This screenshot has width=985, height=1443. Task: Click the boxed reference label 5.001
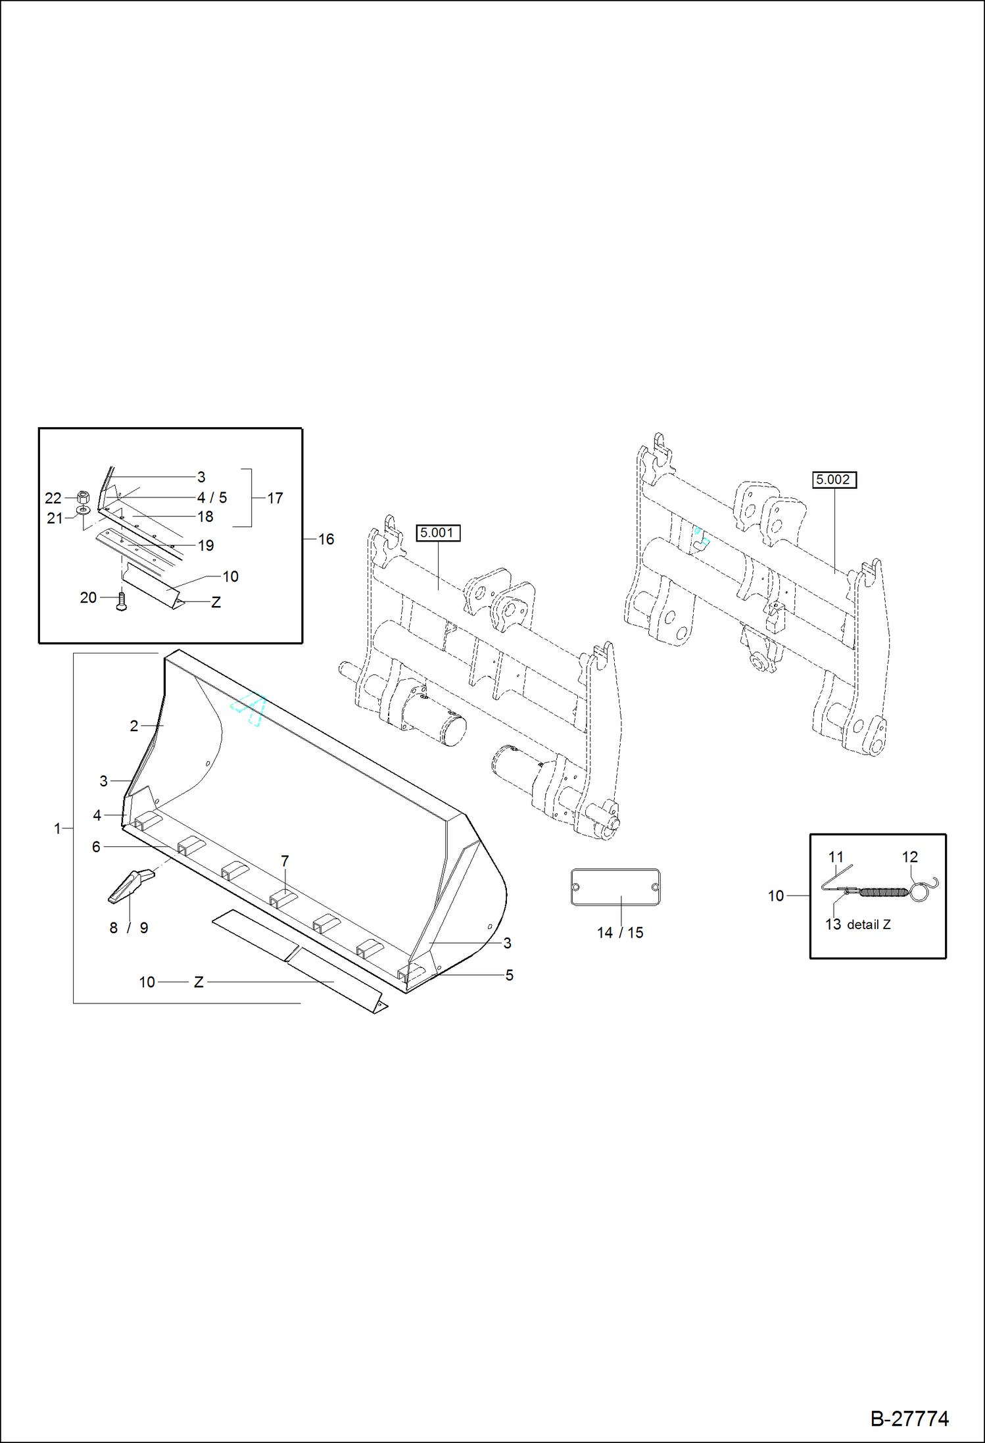[x=438, y=533]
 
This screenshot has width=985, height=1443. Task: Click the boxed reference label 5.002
[x=834, y=480]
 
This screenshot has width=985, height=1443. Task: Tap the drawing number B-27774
[x=909, y=1418]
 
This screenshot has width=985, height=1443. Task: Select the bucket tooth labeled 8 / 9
[x=130, y=884]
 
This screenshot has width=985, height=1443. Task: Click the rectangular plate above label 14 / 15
[x=615, y=886]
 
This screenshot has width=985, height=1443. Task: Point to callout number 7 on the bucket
[x=285, y=861]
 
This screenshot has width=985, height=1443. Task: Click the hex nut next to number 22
[x=83, y=497]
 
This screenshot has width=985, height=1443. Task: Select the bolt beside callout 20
[x=121, y=601]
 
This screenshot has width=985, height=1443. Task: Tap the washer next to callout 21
[x=84, y=511]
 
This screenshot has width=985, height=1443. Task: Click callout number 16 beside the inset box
[x=326, y=539]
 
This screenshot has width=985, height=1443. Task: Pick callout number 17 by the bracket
[x=275, y=498]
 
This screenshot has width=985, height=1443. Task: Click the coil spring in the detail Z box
[x=884, y=892]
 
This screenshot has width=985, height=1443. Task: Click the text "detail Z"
[x=868, y=924]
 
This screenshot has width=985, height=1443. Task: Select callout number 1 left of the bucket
[x=57, y=828]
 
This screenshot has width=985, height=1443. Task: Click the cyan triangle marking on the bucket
[x=249, y=709]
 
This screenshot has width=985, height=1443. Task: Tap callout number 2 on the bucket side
[x=134, y=726]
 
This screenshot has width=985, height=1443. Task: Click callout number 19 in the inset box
[x=206, y=545]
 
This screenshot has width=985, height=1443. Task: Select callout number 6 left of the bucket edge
[x=96, y=847]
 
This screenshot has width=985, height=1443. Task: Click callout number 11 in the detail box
[x=836, y=857]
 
